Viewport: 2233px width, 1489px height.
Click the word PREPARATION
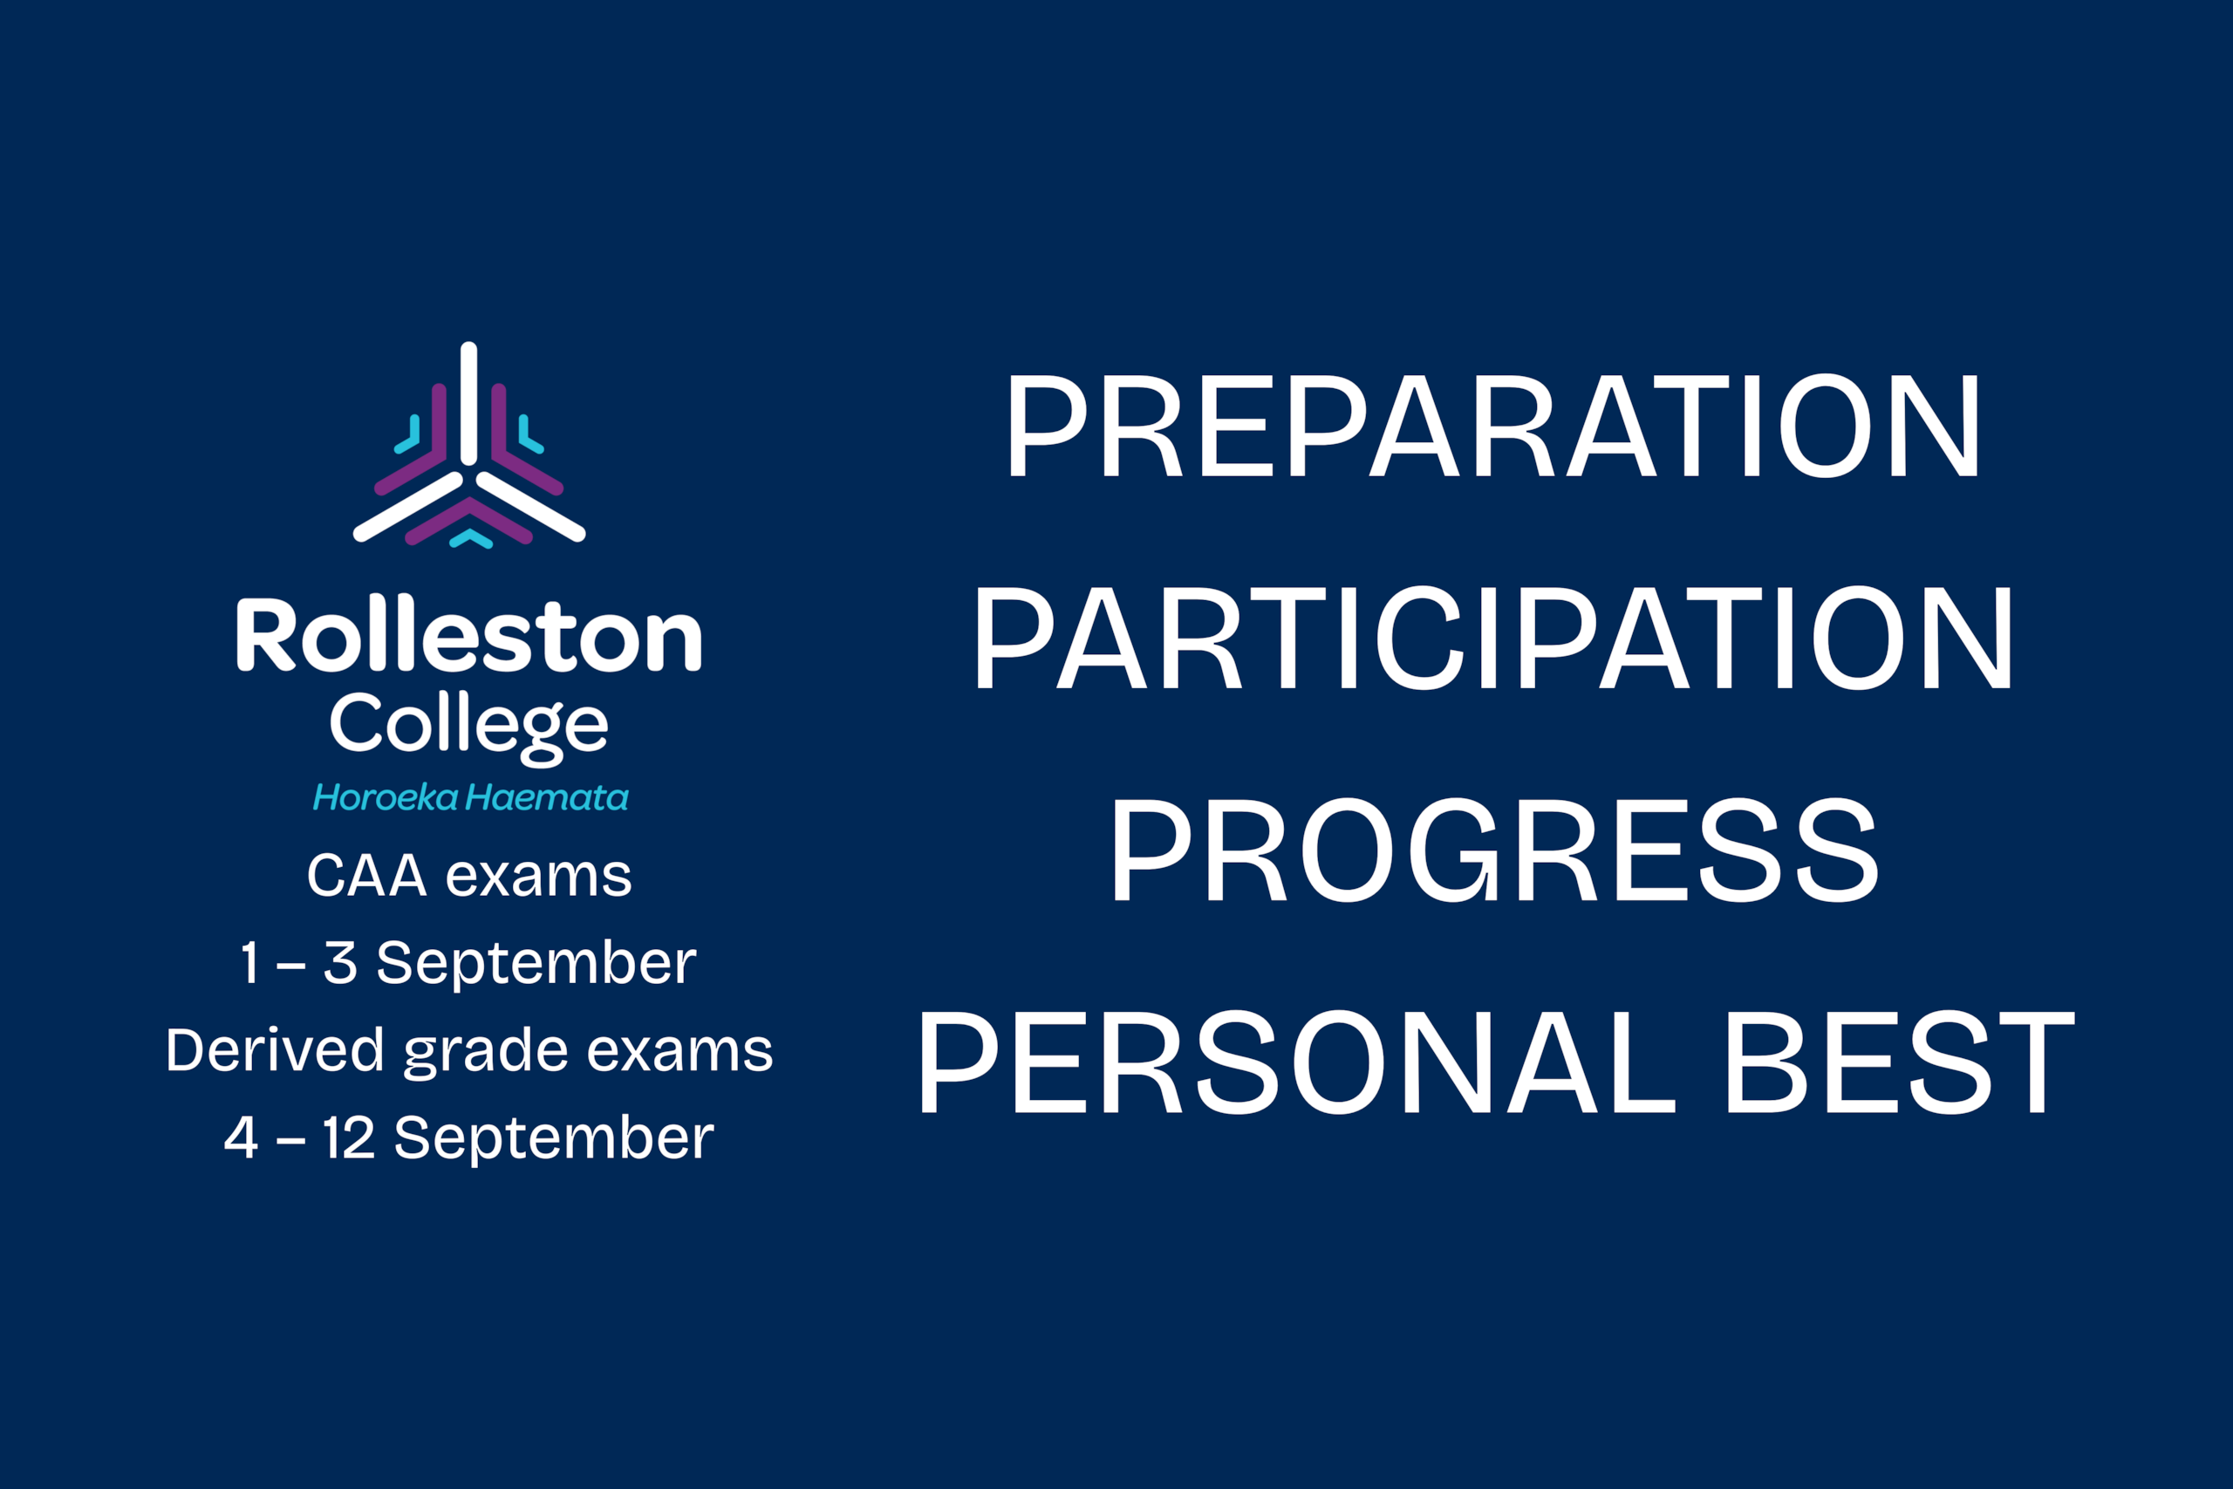point(1494,426)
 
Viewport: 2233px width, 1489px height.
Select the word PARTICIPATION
point(1493,637)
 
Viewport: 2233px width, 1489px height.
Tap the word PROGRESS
point(1493,849)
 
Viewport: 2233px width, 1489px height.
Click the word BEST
point(1901,1061)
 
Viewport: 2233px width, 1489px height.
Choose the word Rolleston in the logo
point(469,633)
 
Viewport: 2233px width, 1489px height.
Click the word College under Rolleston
point(469,727)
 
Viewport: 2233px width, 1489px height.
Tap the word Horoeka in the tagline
point(386,797)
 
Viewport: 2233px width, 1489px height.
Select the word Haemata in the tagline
point(547,797)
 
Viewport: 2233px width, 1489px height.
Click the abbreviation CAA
point(366,876)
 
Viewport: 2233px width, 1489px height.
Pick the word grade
point(486,1054)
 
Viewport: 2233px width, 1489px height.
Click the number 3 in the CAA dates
point(340,963)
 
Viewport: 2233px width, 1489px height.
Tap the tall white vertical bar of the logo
point(469,404)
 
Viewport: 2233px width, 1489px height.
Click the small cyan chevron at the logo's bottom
point(471,539)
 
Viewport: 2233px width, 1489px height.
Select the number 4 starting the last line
point(241,1138)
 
